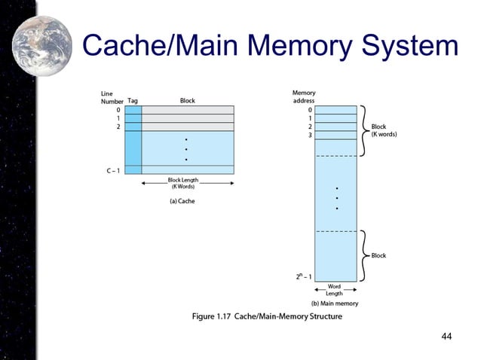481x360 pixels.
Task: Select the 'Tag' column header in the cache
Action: (x=133, y=100)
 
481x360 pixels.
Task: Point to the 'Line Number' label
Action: (x=112, y=96)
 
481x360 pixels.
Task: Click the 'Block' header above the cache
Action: (x=187, y=100)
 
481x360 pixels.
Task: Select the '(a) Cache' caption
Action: (x=181, y=201)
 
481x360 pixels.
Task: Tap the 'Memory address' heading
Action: (x=304, y=96)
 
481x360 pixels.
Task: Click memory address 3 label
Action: (x=310, y=136)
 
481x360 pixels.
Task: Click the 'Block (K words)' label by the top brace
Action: (x=384, y=130)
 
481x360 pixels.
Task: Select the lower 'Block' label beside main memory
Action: (x=378, y=255)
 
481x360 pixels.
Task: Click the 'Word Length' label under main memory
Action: (x=334, y=290)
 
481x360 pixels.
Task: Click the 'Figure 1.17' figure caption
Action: (x=256, y=316)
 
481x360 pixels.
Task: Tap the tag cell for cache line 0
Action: (x=133, y=110)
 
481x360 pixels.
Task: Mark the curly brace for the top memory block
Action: (x=363, y=130)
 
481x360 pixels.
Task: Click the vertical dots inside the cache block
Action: (x=185, y=149)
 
